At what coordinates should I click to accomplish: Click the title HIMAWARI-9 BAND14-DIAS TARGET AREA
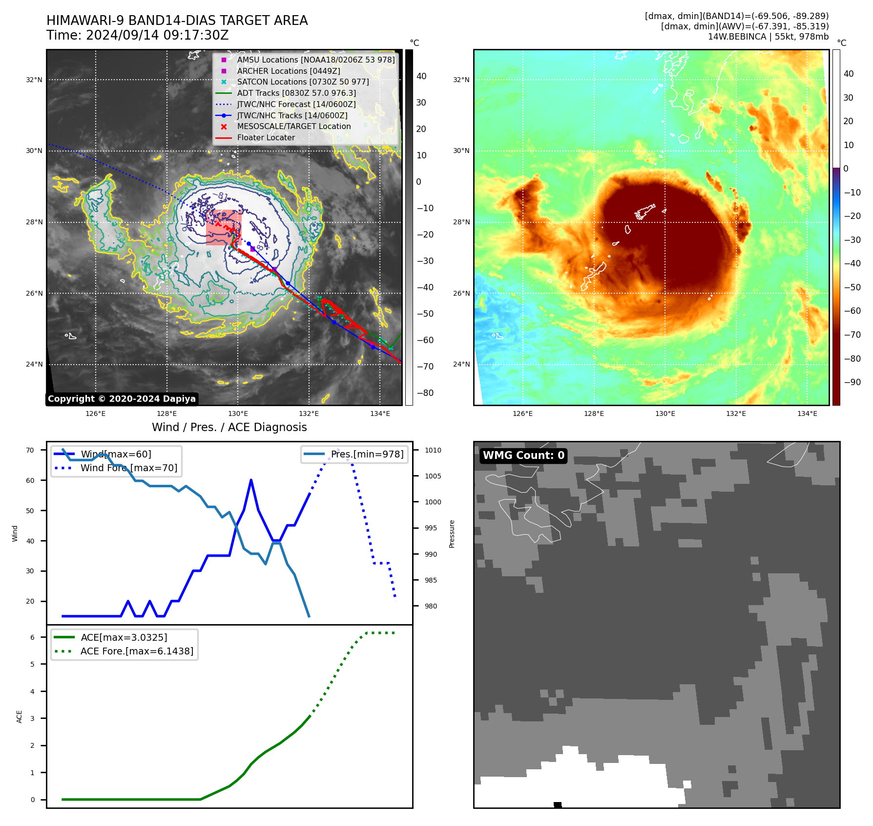(x=177, y=21)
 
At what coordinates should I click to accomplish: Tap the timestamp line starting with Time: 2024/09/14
(x=137, y=36)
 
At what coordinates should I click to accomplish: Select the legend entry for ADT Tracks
(x=296, y=93)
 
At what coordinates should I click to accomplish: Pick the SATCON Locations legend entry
(x=303, y=82)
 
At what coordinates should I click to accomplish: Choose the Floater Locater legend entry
(x=266, y=137)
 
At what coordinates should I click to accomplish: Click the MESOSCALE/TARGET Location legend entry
(x=293, y=126)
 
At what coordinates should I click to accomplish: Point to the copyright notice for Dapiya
(x=122, y=399)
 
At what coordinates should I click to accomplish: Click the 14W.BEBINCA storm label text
(x=768, y=37)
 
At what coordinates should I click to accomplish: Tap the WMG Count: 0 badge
(x=523, y=456)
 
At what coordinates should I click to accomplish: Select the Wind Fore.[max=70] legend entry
(x=128, y=468)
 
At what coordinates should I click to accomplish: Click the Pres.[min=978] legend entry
(x=367, y=454)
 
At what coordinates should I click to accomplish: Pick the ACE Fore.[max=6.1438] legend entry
(x=136, y=651)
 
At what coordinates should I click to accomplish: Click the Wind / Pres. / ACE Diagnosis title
(x=229, y=427)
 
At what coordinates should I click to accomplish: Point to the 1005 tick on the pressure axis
(x=433, y=476)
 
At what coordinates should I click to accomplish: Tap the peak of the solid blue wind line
(x=251, y=480)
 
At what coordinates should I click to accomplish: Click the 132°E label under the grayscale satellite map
(x=309, y=413)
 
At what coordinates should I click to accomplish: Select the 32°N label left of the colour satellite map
(x=461, y=80)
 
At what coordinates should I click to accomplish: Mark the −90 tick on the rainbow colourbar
(x=852, y=382)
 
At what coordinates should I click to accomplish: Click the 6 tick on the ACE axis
(x=32, y=637)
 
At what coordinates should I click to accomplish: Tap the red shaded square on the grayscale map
(x=224, y=227)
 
